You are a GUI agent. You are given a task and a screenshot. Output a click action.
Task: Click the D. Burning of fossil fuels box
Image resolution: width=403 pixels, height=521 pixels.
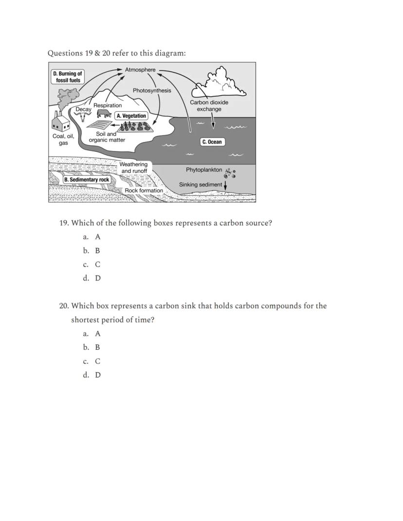[68, 77]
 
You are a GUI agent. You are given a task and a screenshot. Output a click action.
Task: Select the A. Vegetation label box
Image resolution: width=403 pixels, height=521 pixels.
[131, 116]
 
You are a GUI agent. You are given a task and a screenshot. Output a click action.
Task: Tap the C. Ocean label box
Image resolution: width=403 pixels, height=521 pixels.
[212, 142]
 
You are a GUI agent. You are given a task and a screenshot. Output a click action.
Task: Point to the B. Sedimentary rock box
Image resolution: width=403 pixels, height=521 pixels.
[87, 180]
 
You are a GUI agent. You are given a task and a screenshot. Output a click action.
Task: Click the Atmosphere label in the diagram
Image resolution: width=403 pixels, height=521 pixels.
[140, 70]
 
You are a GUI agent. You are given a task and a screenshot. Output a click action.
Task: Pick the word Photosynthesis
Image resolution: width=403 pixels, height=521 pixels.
[152, 90]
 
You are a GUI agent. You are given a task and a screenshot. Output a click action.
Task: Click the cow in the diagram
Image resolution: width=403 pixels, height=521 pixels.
[104, 114]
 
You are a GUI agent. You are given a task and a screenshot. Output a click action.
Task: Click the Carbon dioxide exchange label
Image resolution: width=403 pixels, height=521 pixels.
[209, 106]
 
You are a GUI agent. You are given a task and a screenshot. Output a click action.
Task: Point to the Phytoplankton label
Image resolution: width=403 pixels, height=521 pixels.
[203, 170]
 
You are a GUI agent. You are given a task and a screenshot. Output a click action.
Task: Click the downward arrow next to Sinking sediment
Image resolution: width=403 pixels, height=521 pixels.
[225, 185]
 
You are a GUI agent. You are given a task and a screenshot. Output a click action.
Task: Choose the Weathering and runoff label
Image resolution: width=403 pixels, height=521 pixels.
[134, 167]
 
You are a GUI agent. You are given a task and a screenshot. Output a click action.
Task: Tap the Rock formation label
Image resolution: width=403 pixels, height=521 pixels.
[144, 190]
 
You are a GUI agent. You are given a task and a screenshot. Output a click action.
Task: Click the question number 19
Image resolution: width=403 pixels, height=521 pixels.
[64, 223]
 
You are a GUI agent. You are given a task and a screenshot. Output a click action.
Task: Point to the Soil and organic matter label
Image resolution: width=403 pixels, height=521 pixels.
[107, 137]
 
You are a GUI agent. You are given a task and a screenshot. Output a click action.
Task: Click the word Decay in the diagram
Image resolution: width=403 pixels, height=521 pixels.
[83, 110]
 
